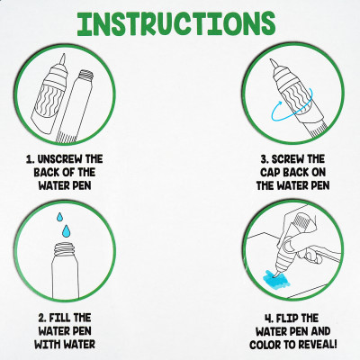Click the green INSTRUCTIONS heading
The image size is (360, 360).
176,24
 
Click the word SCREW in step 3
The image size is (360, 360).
287,159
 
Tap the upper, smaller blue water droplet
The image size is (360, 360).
60,217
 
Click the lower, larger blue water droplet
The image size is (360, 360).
66,230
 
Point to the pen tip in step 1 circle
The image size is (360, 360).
63,58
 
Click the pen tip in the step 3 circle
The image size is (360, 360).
273,63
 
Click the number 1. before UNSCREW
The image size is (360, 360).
30,159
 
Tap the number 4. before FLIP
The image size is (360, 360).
268,319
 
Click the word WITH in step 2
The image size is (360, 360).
46,345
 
